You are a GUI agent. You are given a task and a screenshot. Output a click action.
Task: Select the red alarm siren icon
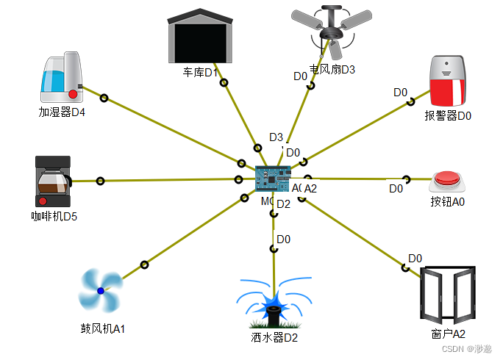click(x=448, y=82)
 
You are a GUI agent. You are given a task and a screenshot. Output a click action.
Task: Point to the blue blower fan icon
click(x=100, y=291)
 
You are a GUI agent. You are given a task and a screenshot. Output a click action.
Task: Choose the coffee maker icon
click(x=53, y=181)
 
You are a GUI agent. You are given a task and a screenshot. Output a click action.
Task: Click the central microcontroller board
click(x=272, y=179)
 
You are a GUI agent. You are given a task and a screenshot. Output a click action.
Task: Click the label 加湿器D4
click(x=62, y=112)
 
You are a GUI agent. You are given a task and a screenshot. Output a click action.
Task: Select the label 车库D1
click(x=201, y=73)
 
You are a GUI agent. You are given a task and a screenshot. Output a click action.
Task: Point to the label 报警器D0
click(x=448, y=115)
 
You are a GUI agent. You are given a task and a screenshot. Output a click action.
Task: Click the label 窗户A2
click(x=449, y=334)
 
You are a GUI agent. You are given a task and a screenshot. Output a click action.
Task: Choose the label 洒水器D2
click(x=274, y=337)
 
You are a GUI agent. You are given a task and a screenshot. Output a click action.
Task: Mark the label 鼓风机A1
click(x=103, y=328)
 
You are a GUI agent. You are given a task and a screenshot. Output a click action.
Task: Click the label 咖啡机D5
click(x=54, y=217)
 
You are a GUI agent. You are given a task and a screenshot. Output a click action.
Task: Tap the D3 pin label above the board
click(x=276, y=137)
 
